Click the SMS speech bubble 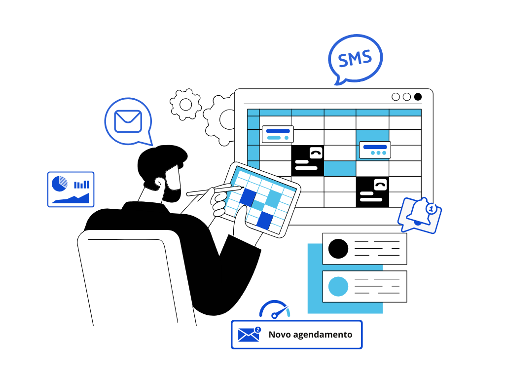(x=355, y=58)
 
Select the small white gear (x=185, y=104)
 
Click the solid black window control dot (x=418, y=97)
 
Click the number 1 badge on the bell (x=432, y=209)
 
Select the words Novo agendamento (x=310, y=335)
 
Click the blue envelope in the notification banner (x=249, y=335)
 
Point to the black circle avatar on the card (x=338, y=249)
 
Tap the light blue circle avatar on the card (x=338, y=286)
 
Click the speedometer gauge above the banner (x=275, y=309)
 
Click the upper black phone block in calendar (x=308, y=160)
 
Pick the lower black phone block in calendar (x=372, y=191)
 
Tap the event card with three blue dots (x=375, y=150)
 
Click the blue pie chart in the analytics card (x=60, y=184)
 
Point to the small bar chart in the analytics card (x=82, y=185)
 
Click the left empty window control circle (x=396, y=97)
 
